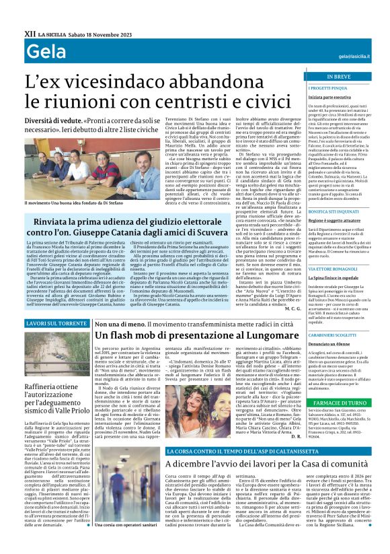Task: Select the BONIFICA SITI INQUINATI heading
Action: pyautogui.click(x=325, y=211)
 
